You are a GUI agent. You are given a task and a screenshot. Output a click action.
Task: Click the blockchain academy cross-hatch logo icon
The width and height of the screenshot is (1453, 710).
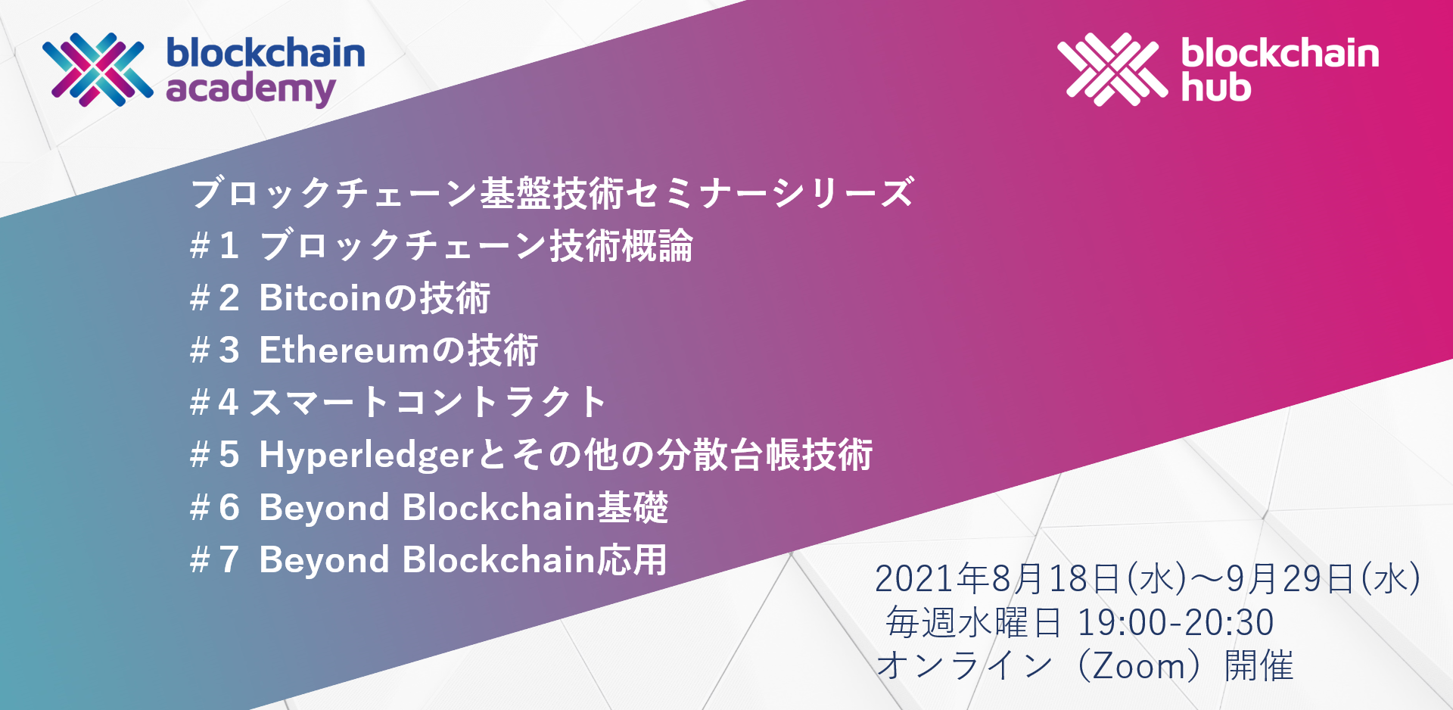[98, 69]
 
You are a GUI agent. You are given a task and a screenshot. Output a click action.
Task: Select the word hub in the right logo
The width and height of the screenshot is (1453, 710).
[1216, 87]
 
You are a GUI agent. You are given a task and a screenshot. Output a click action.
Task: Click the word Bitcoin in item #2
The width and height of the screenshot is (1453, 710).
[322, 297]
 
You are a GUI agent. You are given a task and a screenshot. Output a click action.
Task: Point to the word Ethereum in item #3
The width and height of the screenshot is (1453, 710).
[344, 350]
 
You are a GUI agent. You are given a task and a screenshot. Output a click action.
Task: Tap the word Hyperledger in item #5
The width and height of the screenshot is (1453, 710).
[366, 456]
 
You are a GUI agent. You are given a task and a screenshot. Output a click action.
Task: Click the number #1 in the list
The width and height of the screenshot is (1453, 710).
[215, 245]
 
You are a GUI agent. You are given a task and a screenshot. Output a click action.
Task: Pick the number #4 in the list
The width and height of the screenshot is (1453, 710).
[215, 402]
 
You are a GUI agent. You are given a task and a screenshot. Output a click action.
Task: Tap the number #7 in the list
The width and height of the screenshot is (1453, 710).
[215, 560]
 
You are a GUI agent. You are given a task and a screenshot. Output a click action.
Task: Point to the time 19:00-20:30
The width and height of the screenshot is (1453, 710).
[1175, 622]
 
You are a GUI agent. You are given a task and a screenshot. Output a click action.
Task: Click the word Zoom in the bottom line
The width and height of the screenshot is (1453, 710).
[1139, 666]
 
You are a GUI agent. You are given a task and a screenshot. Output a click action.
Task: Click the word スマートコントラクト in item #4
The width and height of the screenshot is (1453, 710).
[428, 402]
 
